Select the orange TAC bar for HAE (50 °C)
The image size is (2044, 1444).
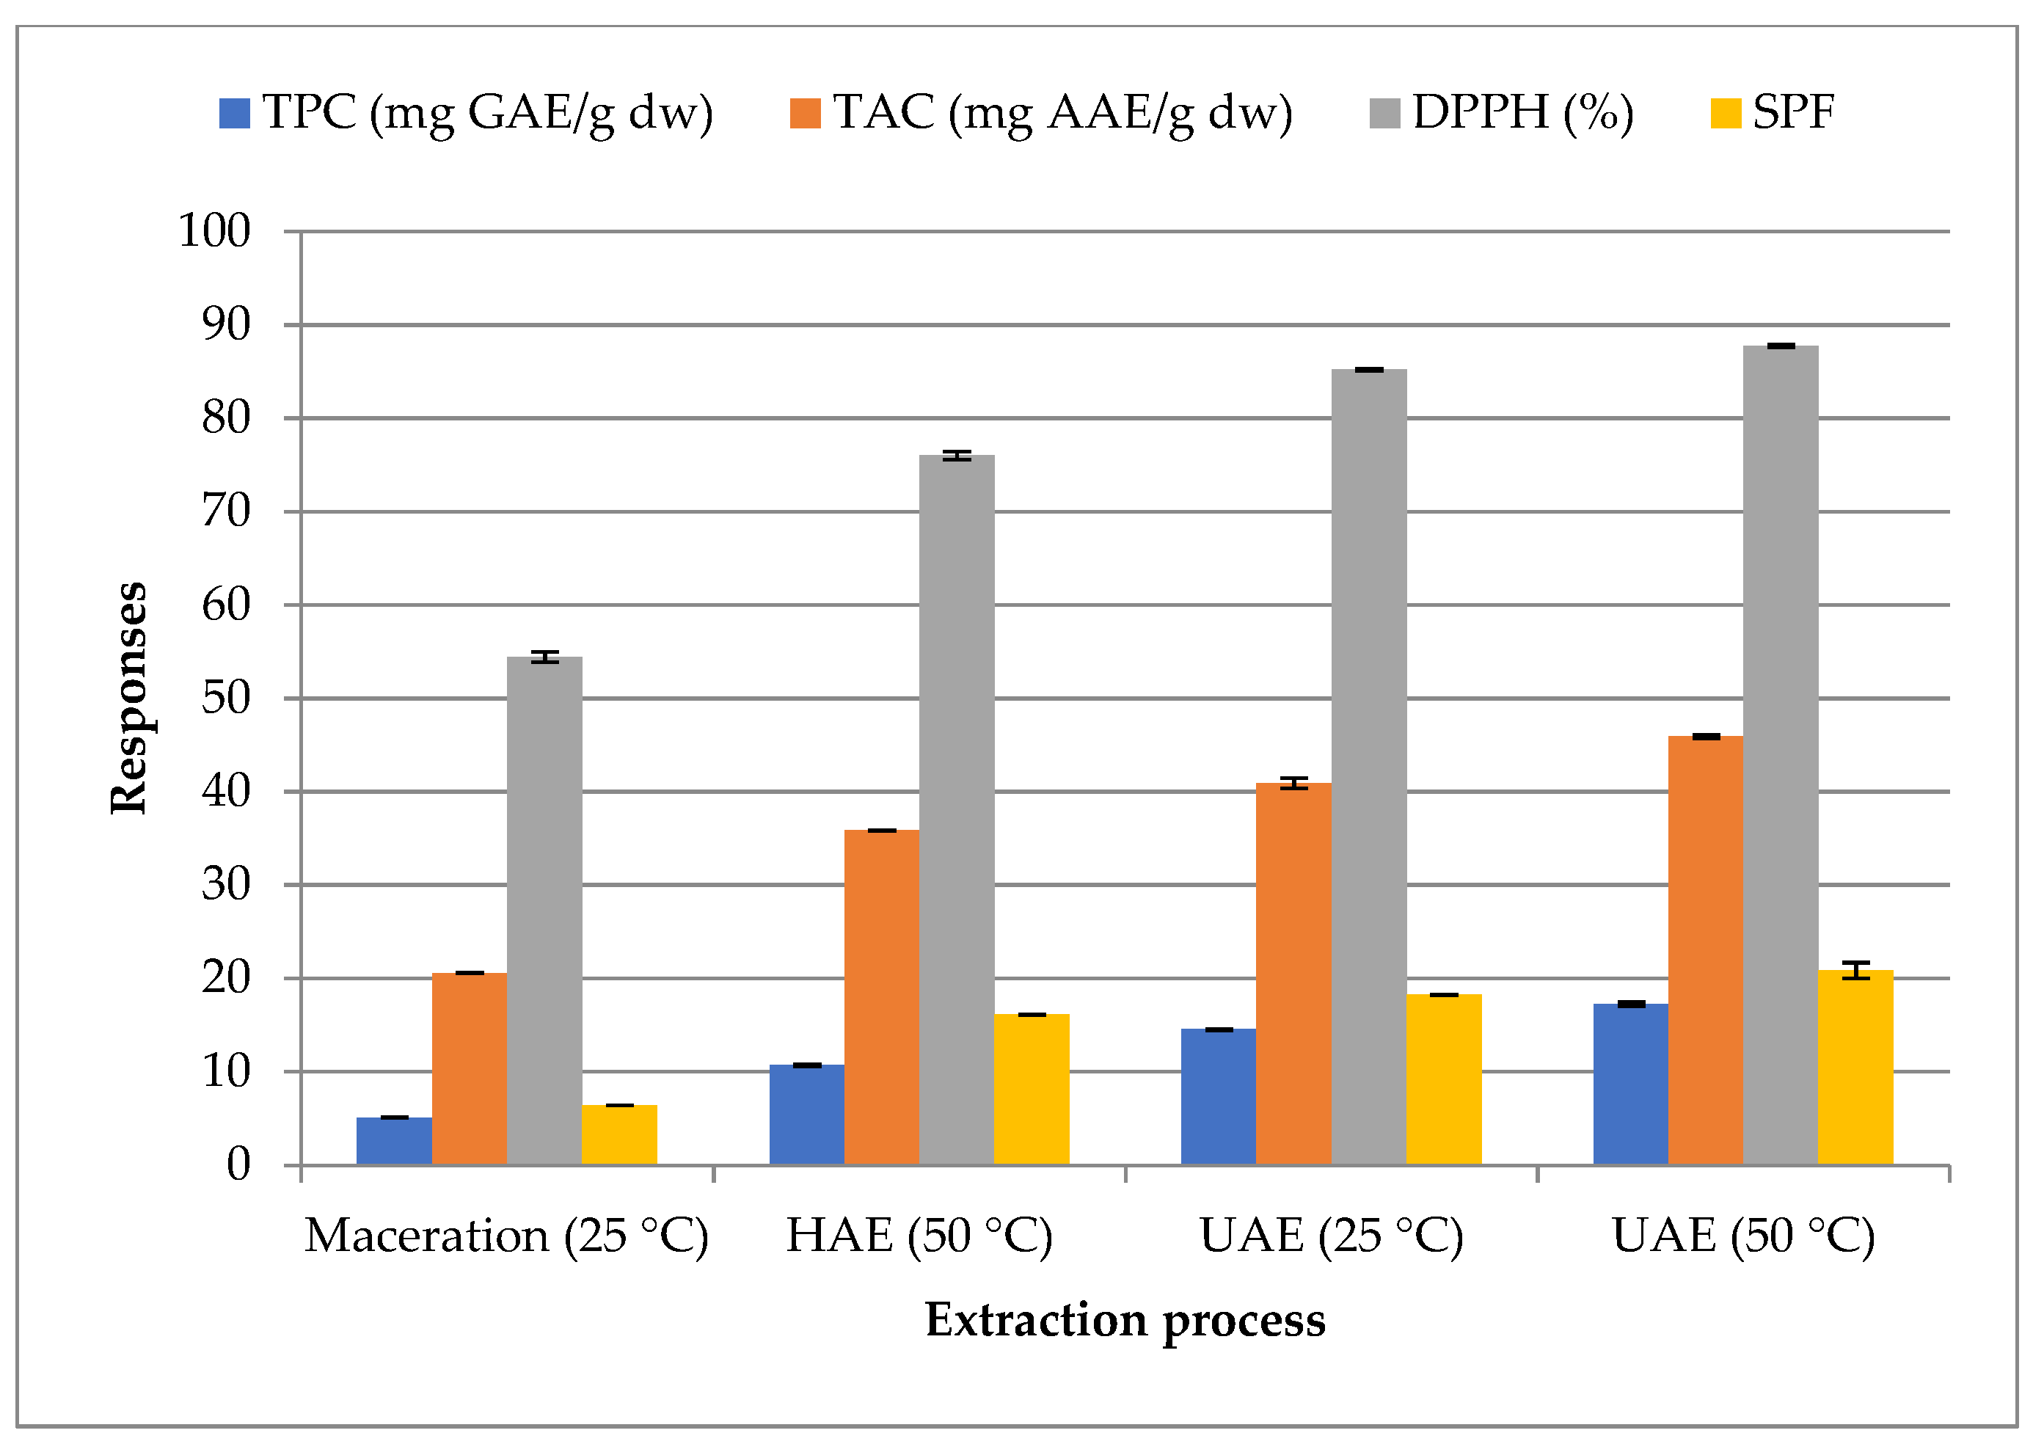[881, 997]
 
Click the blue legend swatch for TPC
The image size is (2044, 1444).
[235, 113]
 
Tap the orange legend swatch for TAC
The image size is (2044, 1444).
[805, 113]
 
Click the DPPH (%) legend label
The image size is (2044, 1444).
[1522, 113]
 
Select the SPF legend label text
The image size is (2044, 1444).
[1793, 113]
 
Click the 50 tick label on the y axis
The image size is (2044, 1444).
[226, 699]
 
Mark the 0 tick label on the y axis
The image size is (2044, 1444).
[238, 1164]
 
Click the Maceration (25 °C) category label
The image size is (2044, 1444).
[506, 1236]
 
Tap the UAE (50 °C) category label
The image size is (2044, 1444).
[1743, 1236]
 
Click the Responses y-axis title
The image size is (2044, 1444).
[129, 698]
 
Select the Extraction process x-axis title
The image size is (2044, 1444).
[1125, 1320]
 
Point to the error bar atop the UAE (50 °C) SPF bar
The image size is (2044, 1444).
[1855, 971]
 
